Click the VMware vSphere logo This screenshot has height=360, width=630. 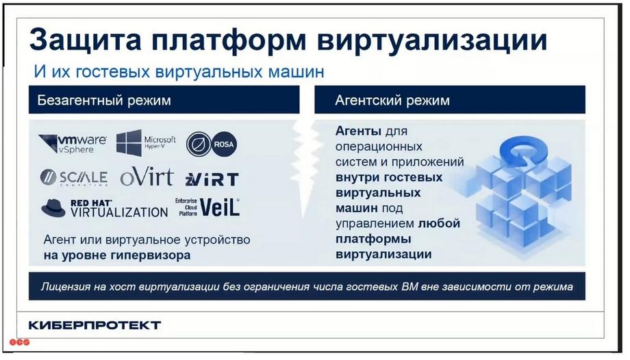click(x=73, y=144)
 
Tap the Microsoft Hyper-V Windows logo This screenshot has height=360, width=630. click(x=129, y=142)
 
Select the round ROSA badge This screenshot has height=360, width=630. click(x=224, y=144)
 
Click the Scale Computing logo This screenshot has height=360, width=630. click(x=74, y=177)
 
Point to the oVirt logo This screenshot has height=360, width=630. click(x=147, y=177)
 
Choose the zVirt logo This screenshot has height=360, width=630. click(x=212, y=179)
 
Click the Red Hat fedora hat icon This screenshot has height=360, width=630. click(x=53, y=208)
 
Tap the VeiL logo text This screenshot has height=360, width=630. click(x=219, y=207)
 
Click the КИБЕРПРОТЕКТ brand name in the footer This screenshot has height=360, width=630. click(x=94, y=325)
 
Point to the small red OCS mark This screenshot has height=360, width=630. click(x=20, y=342)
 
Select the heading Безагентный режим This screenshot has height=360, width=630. click(x=104, y=100)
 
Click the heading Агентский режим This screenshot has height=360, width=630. click(x=392, y=100)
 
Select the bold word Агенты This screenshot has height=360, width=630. click(x=358, y=131)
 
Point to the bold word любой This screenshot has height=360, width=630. click(x=439, y=223)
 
